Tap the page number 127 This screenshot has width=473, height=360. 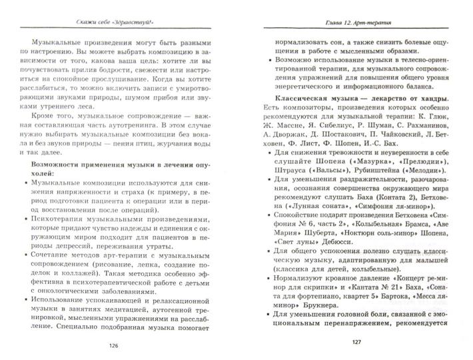pyautogui.click(x=354, y=345)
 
